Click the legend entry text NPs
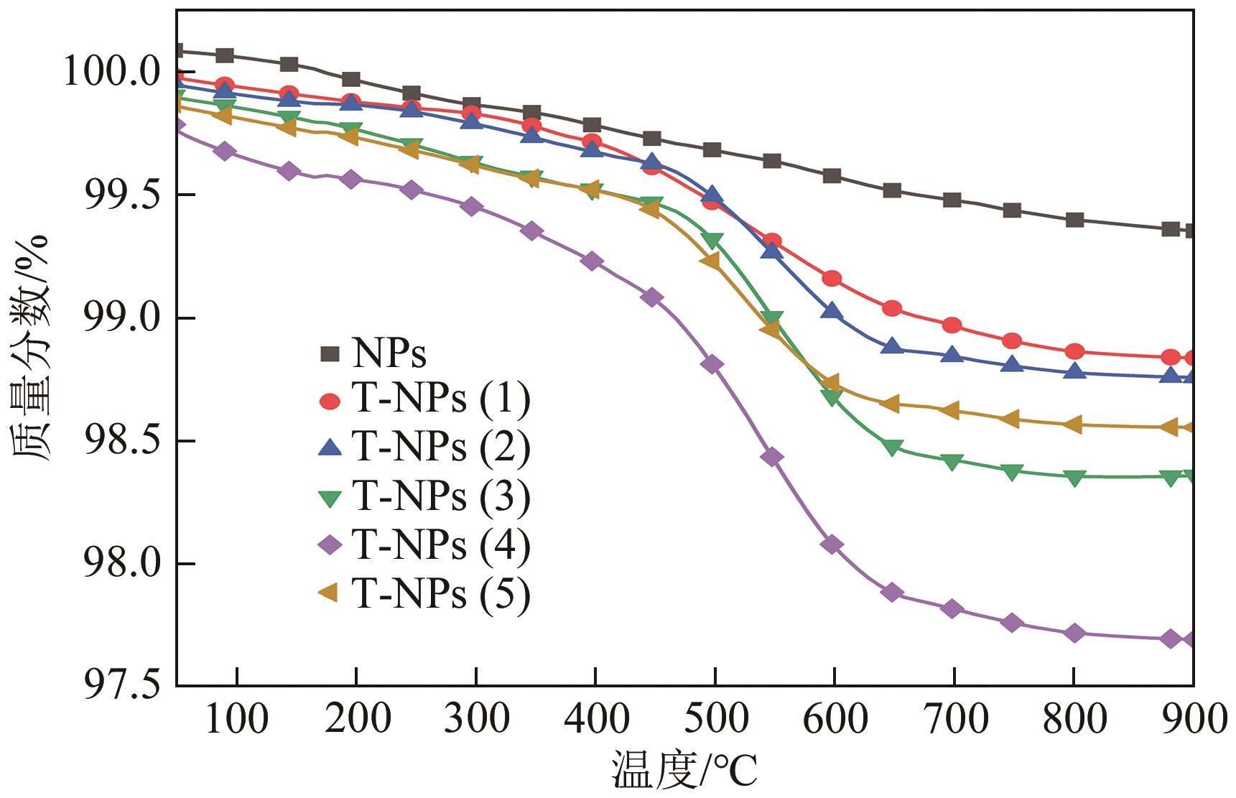point(389,353)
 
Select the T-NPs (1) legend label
point(441,401)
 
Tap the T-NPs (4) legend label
point(441,546)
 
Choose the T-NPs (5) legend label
point(441,594)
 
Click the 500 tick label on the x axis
point(715,719)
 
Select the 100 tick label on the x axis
point(237,719)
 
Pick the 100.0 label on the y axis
point(115,73)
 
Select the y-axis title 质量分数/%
point(30,348)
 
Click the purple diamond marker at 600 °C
point(832,544)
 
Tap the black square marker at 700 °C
point(952,200)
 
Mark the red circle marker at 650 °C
point(892,308)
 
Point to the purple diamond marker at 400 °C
point(593,261)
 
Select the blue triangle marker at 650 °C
point(892,346)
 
